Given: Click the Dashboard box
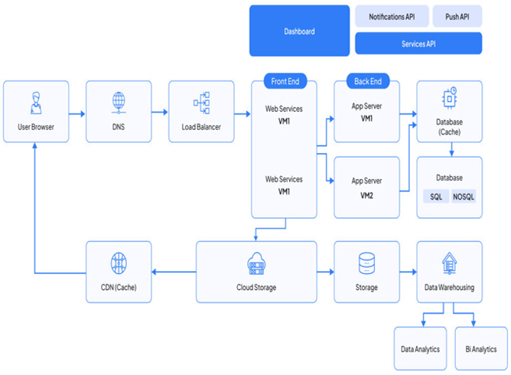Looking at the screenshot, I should point(299,31).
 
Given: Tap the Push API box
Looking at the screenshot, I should point(457,16).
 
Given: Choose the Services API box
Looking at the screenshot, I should point(418,44).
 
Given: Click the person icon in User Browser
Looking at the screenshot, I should point(35,101).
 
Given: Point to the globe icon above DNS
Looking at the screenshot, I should point(119,101).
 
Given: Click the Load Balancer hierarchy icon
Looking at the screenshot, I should point(202,101).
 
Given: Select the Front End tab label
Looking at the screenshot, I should point(285,81).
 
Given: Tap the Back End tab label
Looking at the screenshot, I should point(368,81).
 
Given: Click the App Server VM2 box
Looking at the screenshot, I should point(366,187).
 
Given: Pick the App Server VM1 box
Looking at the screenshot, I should point(366,112).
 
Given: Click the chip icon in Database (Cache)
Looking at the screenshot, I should point(449,98).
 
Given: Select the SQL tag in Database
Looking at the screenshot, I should point(435,197).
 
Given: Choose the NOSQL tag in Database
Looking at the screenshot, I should point(464,197).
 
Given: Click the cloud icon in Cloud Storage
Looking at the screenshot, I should point(256,264).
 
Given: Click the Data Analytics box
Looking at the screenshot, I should point(421,349).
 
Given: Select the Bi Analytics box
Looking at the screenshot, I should point(481,349).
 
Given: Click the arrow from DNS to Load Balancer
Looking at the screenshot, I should point(160,112).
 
